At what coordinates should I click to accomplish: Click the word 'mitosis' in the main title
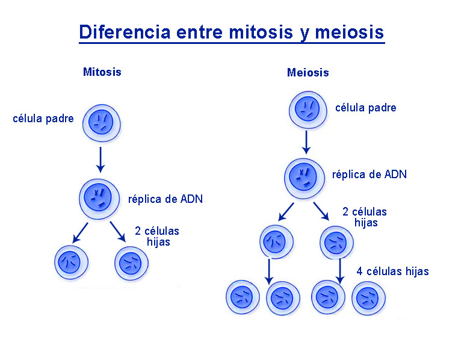(261, 32)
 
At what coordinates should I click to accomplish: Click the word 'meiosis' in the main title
(349, 32)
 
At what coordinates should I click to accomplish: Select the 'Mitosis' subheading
(102, 72)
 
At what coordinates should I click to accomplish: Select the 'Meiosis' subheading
(308, 72)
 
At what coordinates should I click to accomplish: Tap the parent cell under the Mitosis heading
(102, 123)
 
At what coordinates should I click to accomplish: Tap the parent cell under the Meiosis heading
(308, 110)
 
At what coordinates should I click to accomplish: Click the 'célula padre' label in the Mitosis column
(43, 119)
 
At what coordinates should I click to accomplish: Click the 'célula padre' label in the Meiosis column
(366, 108)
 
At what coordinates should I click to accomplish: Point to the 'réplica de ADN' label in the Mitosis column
(165, 199)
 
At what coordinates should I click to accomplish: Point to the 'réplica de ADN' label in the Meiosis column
(370, 175)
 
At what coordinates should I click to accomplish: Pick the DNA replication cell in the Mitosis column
(99, 199)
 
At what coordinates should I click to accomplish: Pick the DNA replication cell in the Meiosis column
(305, 178)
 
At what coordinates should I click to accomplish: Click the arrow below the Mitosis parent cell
(100, 160)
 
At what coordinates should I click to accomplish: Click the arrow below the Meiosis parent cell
(306, 142)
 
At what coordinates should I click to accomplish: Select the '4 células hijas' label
(392, 272)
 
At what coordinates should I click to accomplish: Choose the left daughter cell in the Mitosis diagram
(72, 262)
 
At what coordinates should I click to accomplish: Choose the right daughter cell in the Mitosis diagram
(131, 263)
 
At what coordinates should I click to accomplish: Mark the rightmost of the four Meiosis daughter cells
(368, 298)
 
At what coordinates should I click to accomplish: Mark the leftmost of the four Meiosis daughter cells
(243, 297)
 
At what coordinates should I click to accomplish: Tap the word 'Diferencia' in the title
(125, 32)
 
